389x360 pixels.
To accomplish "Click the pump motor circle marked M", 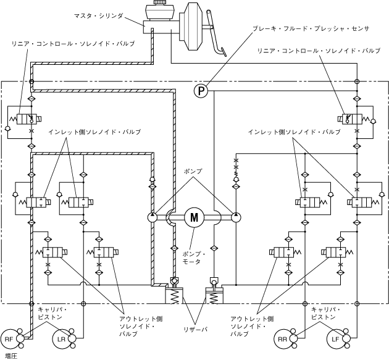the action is click(x=194, y=217).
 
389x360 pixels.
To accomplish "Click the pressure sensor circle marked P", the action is click(x=201, y=91).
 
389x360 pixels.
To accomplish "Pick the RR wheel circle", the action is click(x=282, y=339).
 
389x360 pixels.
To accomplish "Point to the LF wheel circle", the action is click(x=335, y=339).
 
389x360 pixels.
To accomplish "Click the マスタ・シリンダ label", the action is click(x=99, y=16).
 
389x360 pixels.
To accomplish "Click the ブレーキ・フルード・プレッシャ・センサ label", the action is click(x=311, y=28).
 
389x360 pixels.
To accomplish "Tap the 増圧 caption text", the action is click(x=11, y=356).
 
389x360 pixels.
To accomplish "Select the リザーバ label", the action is click(x=195, y=329).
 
